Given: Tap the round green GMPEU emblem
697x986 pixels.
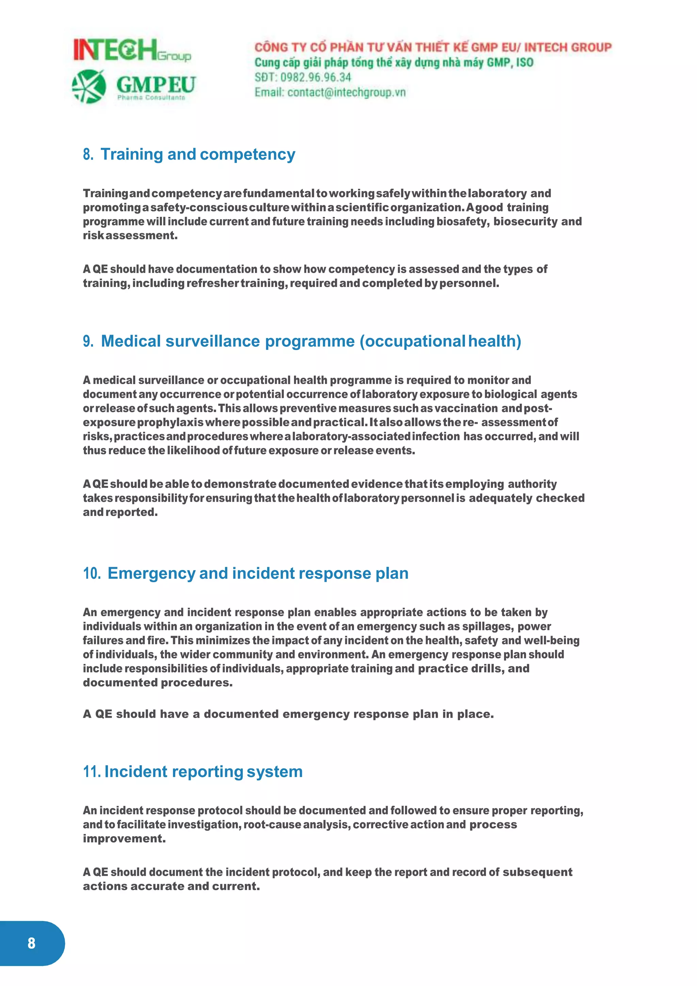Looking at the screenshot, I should click(89, 86).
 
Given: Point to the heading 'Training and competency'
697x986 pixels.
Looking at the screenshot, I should click(197, 154).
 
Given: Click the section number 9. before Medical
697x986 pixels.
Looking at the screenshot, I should click(88, 341).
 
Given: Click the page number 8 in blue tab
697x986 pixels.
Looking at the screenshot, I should click(31, 943).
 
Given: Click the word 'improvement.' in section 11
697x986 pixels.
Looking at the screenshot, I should click(124, 839).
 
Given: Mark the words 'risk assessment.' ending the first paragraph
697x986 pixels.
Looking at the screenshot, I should click(130, 236).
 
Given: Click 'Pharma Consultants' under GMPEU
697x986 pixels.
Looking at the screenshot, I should click(151, 98).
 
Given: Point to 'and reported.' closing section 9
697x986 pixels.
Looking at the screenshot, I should click(120, 512).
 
